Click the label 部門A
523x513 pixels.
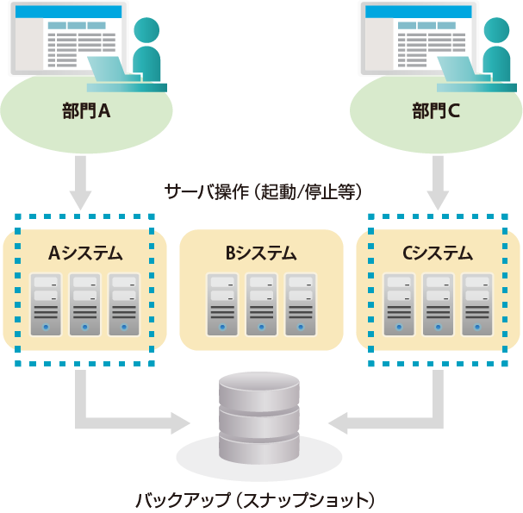pyautogui.click(x=86, y=111)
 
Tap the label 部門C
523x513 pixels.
pyautogui.click(x=436, y=111)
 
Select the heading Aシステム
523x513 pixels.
pyautogui.click(x=84, y=253)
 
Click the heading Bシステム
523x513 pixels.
pyautogui.click(x=261, y=253)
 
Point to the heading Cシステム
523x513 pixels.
pyautogui.click(x=438, y=253)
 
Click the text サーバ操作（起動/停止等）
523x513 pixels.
pyautogui.click(x=261, y=190)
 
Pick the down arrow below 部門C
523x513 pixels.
pyautogui.click(x=439, y=182)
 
